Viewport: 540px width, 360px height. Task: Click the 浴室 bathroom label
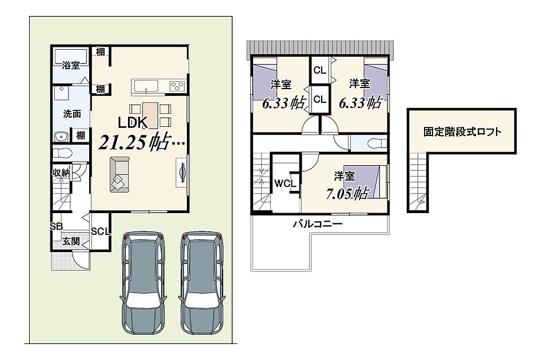click(x=71, y=65)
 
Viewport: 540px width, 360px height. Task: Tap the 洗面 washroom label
click(x=72, y=114)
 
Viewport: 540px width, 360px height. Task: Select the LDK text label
click(x=133, y=122)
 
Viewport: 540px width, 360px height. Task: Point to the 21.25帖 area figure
click(x=134, y=142)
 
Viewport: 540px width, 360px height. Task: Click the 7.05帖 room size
click(x=348, y=193)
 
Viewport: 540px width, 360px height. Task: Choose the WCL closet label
click(x=285, y=183)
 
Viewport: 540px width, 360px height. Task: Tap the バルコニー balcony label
click(x=318, y=224)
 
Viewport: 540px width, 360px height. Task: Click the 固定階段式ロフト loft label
click(x=462, y=131)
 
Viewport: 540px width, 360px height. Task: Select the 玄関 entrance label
click(x=71, y=241)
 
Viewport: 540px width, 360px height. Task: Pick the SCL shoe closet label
click(x=101, y=231)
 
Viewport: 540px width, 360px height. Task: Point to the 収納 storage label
click(x=61, y=173)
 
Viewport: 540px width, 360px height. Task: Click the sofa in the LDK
click(x=119, y=174)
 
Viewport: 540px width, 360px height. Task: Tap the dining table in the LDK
click(x=150, y=115)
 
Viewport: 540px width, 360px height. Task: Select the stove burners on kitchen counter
click(x=177, y=86)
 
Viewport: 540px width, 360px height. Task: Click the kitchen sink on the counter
click(x=146, y=86)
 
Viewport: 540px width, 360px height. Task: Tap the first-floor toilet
click(x=63, y=152)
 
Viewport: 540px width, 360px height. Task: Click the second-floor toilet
click(x=377, y=143)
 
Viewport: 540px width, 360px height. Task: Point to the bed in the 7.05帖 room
click(x=366, y=182)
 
